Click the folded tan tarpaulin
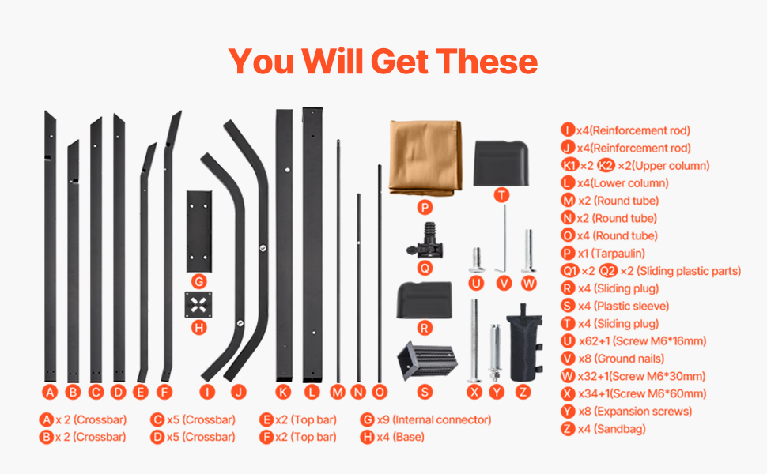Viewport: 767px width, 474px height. (425, 158)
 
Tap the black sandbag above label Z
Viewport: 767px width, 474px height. (524, 343)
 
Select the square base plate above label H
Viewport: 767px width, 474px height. (198, 305)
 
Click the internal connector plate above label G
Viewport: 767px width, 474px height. (199, 231)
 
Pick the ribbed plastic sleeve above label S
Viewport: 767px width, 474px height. (427, 360)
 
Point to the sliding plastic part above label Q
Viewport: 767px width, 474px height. (425, 240)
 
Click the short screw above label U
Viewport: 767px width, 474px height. (477, 260)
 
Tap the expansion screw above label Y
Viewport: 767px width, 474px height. (495, 353)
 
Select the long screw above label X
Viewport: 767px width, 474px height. (474, 340)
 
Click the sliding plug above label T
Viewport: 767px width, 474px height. (501, 164)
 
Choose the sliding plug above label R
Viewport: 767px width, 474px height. (424, 299)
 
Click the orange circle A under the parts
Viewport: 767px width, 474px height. (49, 392)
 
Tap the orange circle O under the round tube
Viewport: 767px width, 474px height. (380, 392)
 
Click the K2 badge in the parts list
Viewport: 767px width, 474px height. (606, 166)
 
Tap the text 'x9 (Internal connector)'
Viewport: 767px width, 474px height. (434, 419)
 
